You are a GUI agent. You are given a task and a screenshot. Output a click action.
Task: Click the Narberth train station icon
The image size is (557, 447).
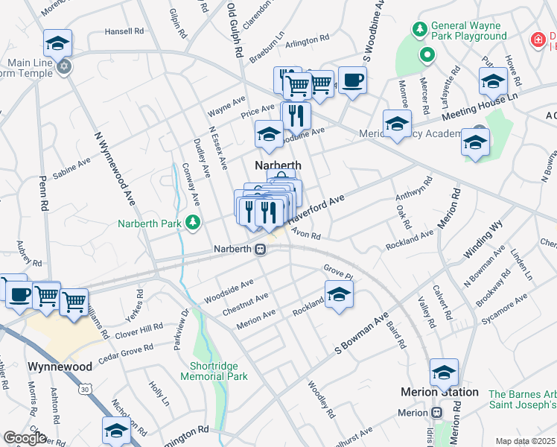(261, 249)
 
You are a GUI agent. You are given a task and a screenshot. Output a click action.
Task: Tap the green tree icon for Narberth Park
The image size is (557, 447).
(193, 222)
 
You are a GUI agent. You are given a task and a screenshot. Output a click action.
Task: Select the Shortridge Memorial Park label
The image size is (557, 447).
(214, 371)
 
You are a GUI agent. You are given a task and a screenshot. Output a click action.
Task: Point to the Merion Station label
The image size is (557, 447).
(439, 392)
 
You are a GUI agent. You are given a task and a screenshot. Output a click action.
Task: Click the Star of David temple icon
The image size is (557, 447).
(65, 66)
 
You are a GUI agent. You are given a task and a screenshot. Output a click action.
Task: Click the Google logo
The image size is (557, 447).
(25, 438)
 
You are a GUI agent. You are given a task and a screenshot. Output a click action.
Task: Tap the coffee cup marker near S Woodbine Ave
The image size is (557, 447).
(351, 79)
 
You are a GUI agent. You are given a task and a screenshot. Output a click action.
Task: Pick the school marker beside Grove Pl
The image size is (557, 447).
(339, 294)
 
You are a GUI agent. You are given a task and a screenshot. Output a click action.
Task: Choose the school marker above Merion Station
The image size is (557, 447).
(444, 371)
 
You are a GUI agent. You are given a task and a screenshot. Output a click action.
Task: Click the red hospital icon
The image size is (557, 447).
(536, 39)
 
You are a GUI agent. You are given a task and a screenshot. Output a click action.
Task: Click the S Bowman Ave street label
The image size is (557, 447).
(362, 334)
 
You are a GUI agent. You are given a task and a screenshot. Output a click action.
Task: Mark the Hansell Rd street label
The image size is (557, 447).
(124, 31)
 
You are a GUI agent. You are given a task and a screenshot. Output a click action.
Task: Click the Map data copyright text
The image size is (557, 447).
(525, 441)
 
